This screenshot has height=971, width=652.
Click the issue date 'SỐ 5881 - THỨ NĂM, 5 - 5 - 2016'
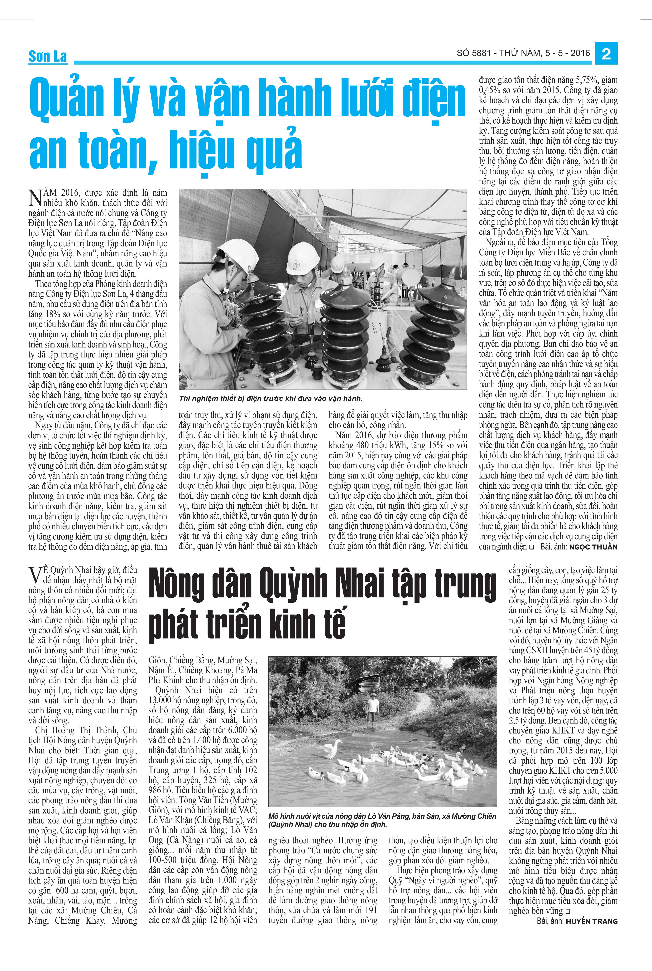(x=523, y=53)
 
